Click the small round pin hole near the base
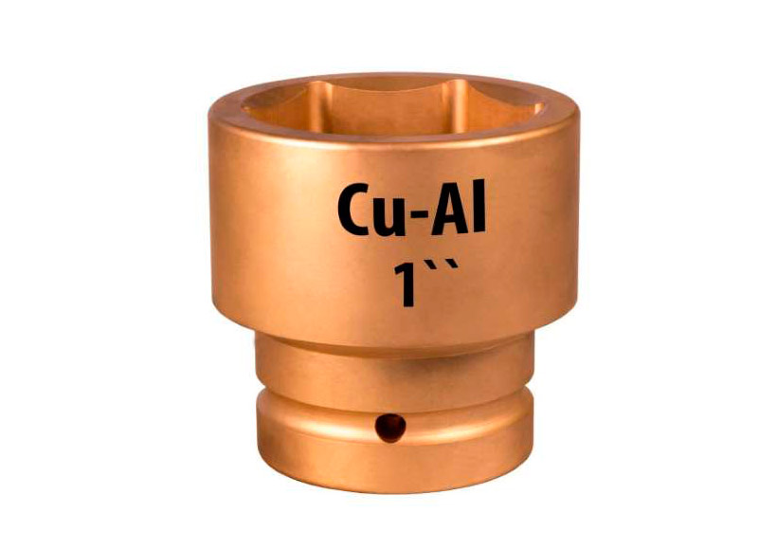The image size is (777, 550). pyautogui.click(x=390, y=428)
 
